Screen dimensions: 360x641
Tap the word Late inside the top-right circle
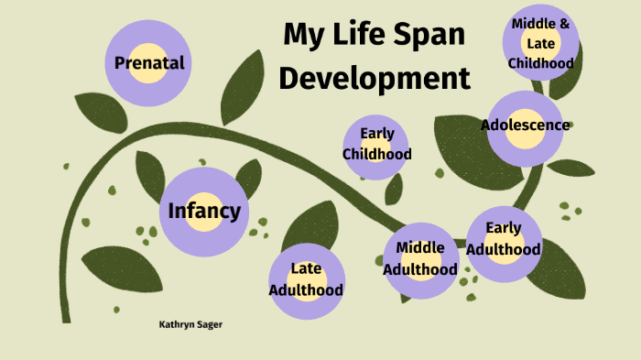[540, 43]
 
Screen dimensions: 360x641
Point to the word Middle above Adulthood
[420, 247]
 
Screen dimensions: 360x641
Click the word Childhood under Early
[376, 154]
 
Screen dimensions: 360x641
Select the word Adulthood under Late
[306, 290]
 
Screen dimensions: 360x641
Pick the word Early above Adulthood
[504, 228]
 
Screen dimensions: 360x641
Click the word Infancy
[204, 212]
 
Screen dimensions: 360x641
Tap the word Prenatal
[149, 63]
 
